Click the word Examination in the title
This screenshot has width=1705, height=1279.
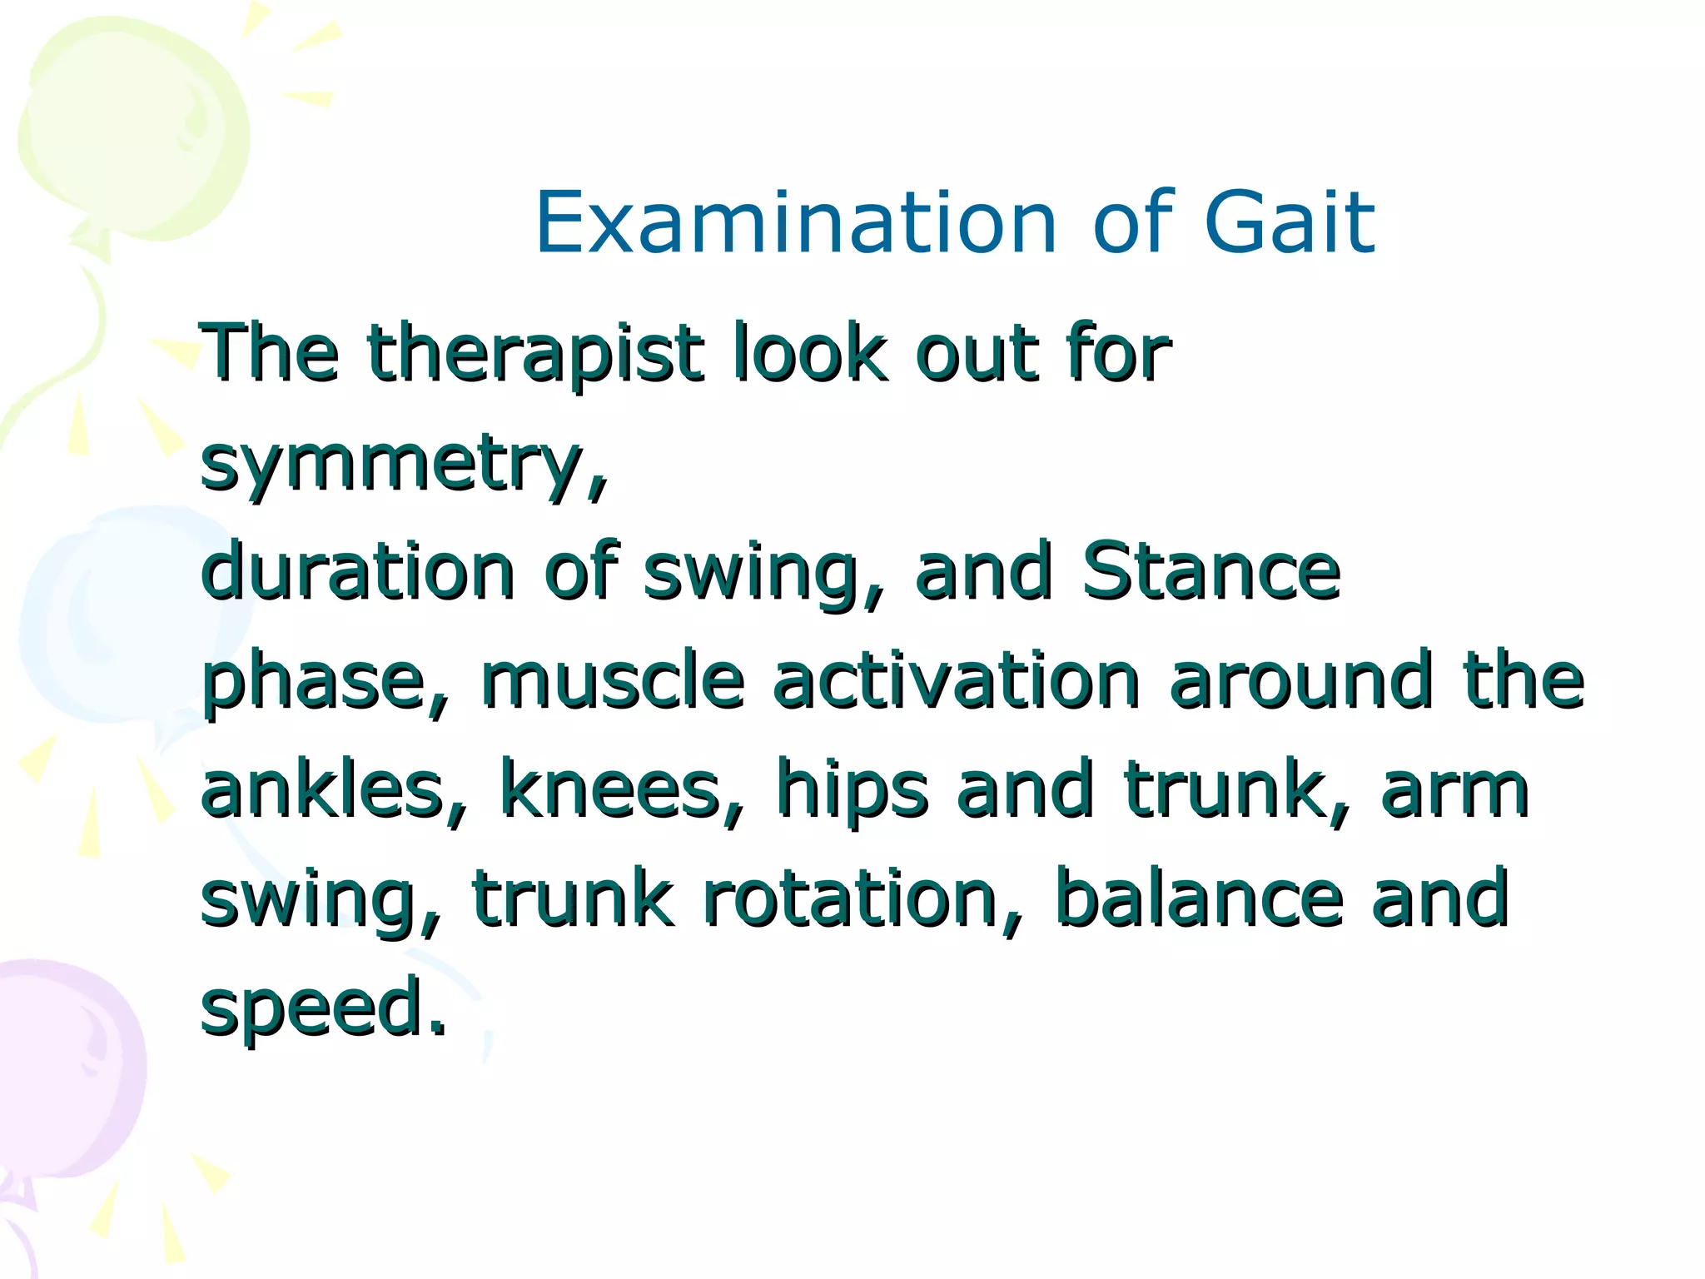[x=796, y=222]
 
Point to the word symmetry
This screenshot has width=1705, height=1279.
[x=404, y=465]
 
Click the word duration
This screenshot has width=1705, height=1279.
[x=358, y=571]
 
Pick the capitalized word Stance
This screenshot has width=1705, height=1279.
[x=1211, y=571]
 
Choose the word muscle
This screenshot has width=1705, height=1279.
[x=612, y=681]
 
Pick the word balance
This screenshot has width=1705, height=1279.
[x=1199, y=898]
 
